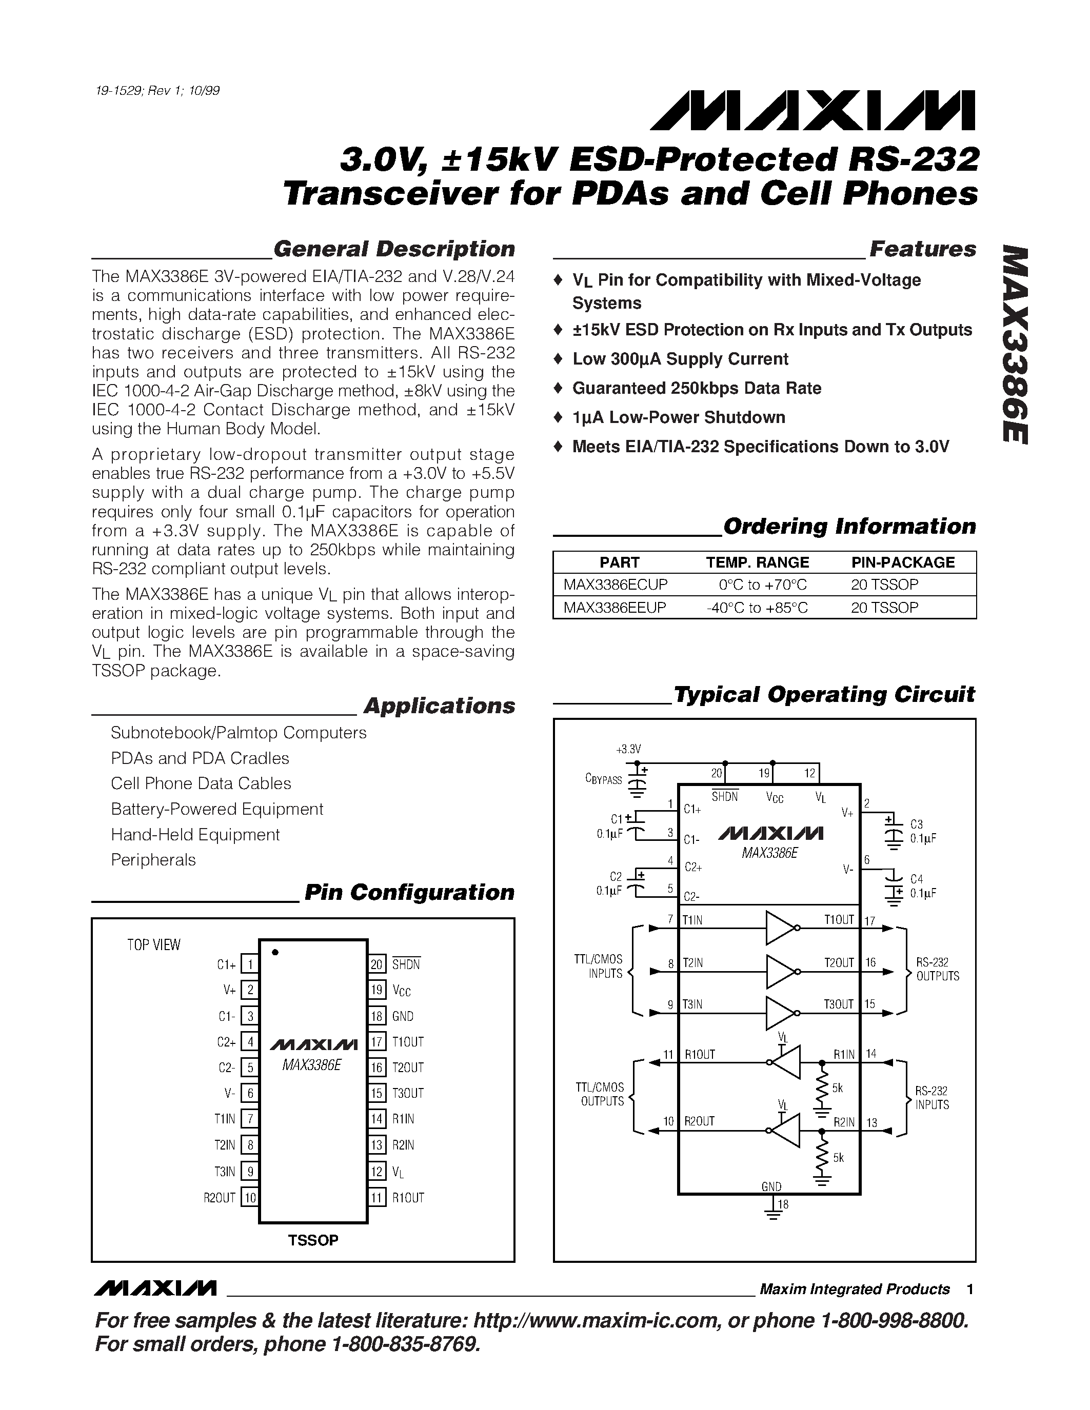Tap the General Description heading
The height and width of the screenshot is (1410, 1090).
tap(394, 249)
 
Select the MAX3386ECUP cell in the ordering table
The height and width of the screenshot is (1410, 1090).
tap(616, 585)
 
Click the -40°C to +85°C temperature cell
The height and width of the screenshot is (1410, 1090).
tap(757, 608)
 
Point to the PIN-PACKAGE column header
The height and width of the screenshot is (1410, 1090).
tap(903, 562)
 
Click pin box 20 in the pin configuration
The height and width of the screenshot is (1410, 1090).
tap(378, 964)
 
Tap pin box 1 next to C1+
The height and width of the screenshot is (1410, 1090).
tap(249, 964)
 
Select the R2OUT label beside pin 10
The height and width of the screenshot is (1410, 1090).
tap(220, 1198)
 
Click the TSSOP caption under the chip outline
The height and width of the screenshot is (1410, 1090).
tap(313, 1240)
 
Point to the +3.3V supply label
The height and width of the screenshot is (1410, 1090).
tap(628, 750)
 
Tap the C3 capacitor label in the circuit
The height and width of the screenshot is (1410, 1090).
tap(916, 824)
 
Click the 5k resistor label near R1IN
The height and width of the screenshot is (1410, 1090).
tap(837, 1089)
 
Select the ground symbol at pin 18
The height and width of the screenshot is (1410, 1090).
tap(771, 1212)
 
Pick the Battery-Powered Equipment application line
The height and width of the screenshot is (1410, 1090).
tap(217, 809)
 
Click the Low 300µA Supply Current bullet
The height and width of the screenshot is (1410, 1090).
tap(680, 359)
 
